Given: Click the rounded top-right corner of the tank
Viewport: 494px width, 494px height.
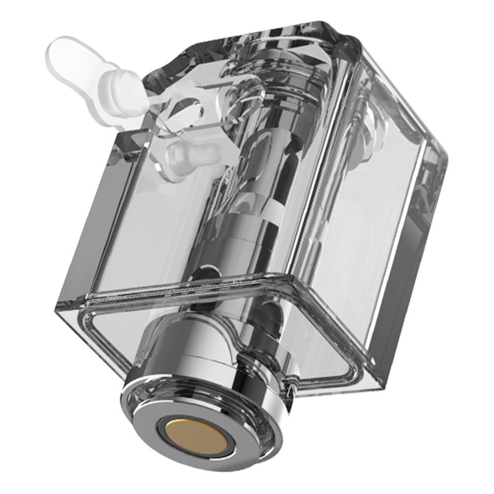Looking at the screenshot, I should coord(437,148).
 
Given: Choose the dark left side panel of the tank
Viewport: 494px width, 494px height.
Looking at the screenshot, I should coord(99,222).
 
